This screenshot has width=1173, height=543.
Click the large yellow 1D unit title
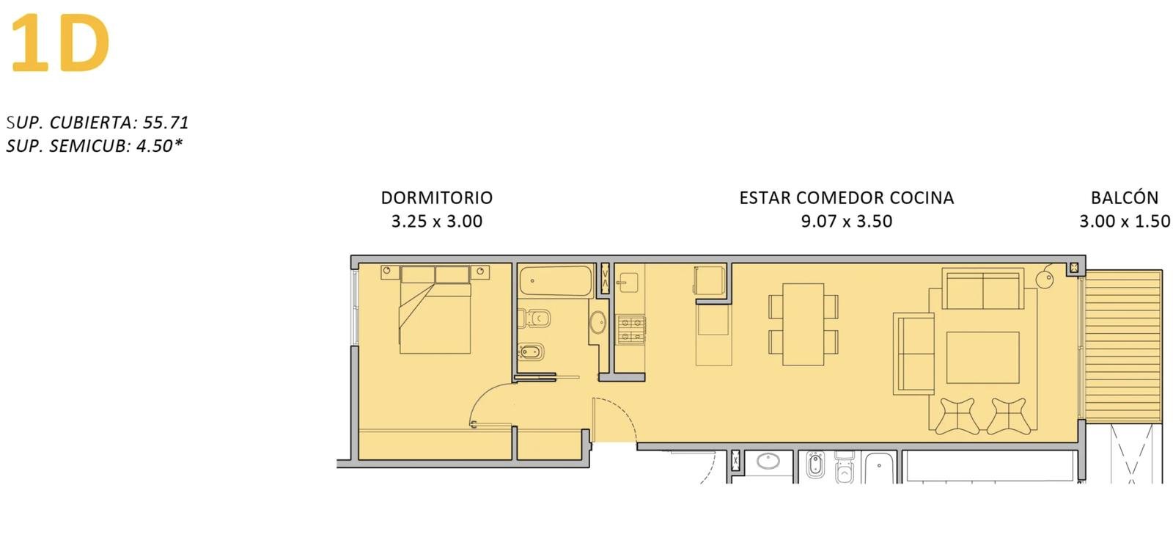coord(60,43)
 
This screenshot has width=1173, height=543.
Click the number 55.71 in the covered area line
coord(166,122)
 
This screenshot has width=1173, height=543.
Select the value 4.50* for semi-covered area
coord(159,145)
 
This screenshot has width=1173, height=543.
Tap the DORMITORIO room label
coord(437,197)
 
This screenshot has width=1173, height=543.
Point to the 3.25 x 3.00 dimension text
coord(437,221)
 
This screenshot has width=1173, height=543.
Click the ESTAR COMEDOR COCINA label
coord(846,197)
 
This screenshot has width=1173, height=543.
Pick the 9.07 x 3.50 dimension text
coord(846,221)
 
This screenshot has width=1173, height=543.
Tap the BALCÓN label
coord(1125,197)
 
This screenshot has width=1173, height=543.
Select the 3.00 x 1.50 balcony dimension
coord(1125,221)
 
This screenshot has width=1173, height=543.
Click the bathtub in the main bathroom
coord(556,281)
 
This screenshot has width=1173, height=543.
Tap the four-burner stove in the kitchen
coord(630,329)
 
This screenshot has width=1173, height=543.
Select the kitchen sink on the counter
coord(627,283)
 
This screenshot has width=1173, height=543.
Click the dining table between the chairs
coord(804,324)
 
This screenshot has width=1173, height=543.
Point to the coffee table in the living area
coord(982,357)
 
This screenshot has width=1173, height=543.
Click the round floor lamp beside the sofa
coord(1045,278)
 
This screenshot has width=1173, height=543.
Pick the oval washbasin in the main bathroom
coord(597,322)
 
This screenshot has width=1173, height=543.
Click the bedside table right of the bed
coord(479,272)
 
